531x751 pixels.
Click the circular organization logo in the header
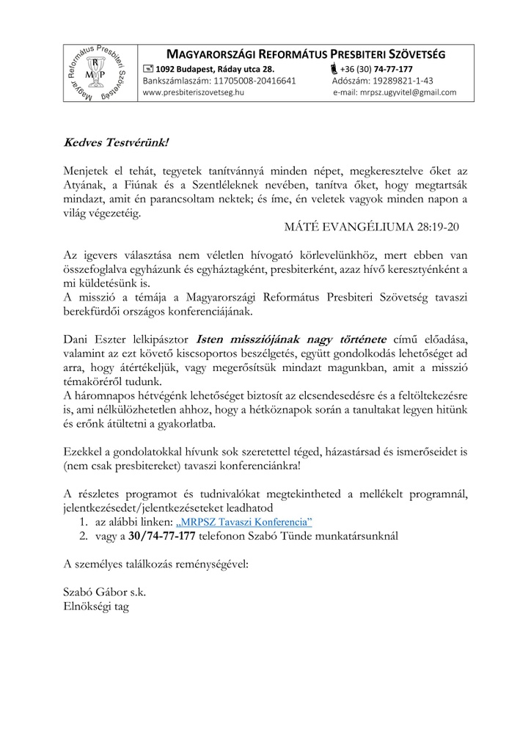coord(98,73)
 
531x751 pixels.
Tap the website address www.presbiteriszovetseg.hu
coord(194,93)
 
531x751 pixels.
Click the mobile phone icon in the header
coord(334,69)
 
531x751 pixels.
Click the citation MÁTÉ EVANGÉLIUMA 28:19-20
coord(372,227)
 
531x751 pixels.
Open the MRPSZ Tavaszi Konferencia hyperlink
coord(244,521)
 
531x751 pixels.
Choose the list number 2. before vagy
coord(83,535)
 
